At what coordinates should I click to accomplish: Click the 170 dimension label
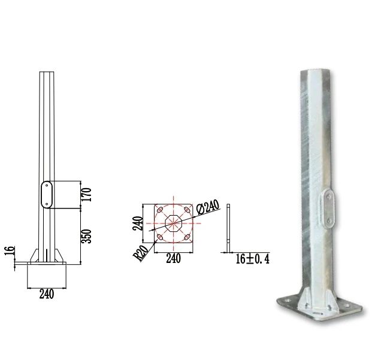[x=87, y=195]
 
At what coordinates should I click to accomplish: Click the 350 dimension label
[x=87, y=236]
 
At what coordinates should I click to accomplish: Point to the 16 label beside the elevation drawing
[x=10, y=250]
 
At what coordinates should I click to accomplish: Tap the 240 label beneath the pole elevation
[x=47, y=294]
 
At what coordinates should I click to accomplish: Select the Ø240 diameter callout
[x=208, y=207]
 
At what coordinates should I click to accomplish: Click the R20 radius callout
[x=141, y=253]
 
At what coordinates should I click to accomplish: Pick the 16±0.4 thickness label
[x=253, y=259]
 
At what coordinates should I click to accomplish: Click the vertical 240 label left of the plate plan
[x=138, y=223]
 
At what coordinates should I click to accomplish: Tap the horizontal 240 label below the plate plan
[x=174, y=259]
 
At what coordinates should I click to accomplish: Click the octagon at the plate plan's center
[x=174, y=223]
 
